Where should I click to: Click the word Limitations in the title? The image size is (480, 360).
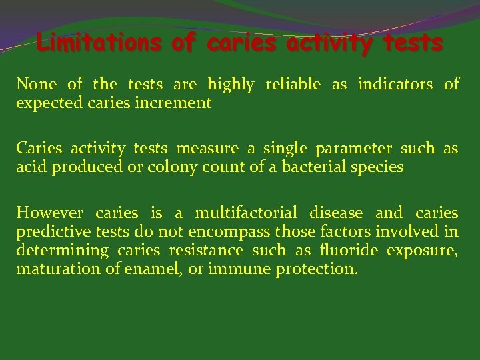tap(99, 43)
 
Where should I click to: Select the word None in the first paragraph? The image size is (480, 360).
tap(37, 84)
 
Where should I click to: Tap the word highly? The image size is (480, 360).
tap(231, 85)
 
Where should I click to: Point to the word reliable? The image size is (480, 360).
tap(293, 84)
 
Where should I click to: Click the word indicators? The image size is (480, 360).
tap(396, 84)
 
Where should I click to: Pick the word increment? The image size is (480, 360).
tap(178, 103)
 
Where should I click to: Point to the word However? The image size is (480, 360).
tap(50, 213)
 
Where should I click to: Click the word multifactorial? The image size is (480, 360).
tap(246, 213)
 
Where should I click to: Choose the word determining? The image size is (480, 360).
tap(62, 251)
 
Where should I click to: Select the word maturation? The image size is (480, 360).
tap(49, 269)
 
